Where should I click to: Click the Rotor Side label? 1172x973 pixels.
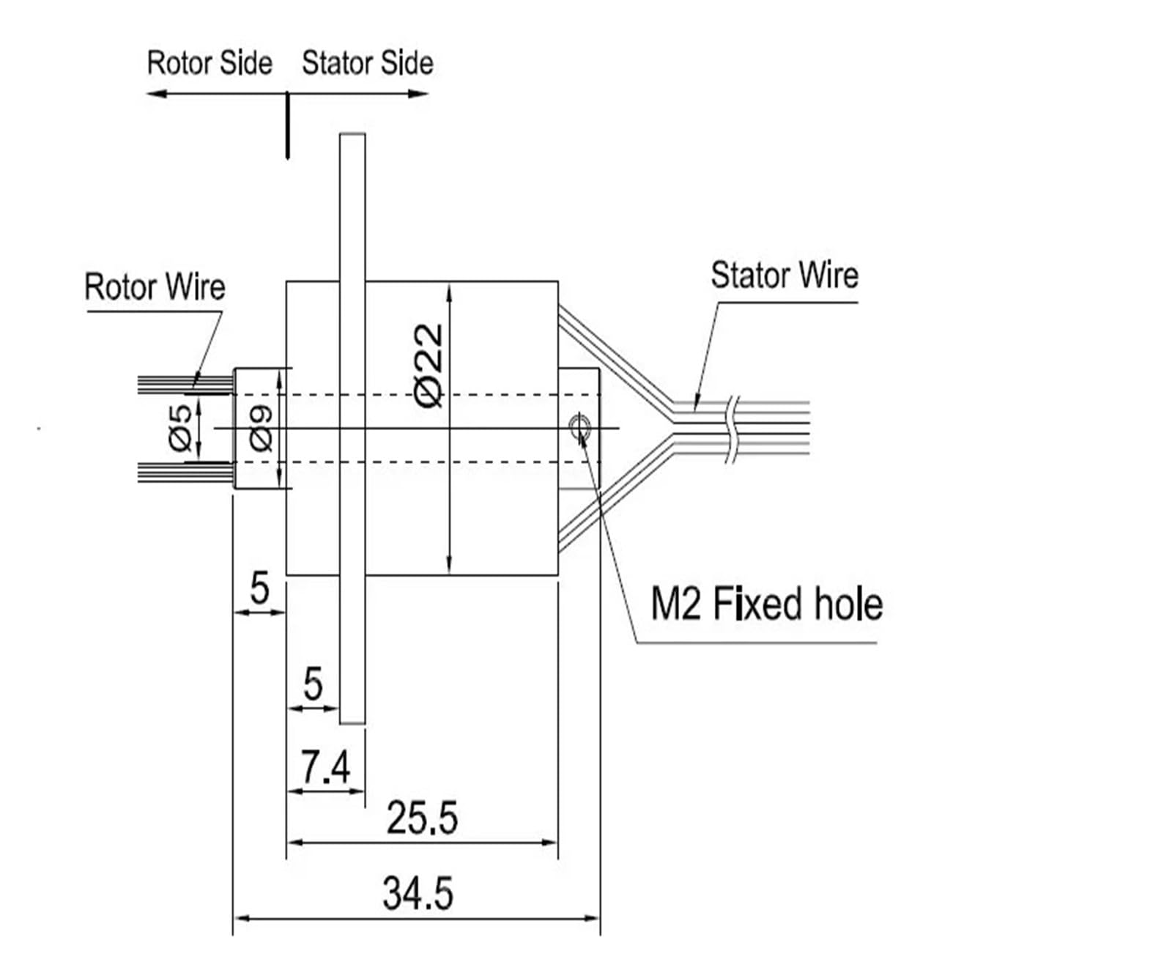tap(209, 63)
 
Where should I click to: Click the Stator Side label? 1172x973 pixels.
tap(367, 63)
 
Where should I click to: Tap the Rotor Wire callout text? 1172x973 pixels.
tap(155, 286)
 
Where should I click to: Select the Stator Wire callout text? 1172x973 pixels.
tap(784, 275)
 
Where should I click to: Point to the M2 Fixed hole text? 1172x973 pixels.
tap(766, 604)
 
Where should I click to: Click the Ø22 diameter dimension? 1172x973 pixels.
tap(429, 365)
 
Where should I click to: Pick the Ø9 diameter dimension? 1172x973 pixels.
tap(261, 428)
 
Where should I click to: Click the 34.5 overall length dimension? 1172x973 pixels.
tap(418, 894)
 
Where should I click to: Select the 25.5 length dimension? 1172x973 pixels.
tap(422, 818)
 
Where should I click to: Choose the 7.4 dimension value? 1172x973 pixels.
tap(326, 768)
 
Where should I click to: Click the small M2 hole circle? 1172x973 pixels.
tap(580, 423)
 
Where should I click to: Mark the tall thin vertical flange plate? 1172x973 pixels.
tap(352, 429)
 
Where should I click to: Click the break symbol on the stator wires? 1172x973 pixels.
tap(732, 429)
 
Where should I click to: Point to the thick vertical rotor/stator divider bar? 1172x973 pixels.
tap(287, 125)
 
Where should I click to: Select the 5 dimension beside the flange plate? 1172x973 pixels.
tap(313, 684)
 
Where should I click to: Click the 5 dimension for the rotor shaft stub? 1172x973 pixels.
tap(259, 588)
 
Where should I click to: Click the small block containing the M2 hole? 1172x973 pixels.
tap(579, 428)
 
